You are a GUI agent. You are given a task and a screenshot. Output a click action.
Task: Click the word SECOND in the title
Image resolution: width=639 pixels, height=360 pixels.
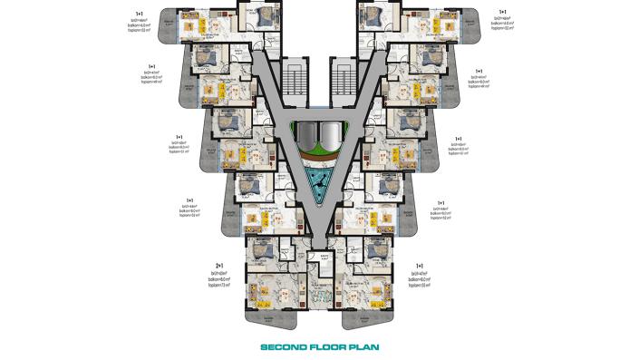pyautogui.click(x=284, y=345)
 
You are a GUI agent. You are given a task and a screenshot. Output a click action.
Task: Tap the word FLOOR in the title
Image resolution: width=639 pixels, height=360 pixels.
pyautogui.click(x=328, y=345)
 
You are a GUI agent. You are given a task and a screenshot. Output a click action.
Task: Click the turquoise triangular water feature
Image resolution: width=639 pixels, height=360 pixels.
pyautogui.click(x=319, y=180)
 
